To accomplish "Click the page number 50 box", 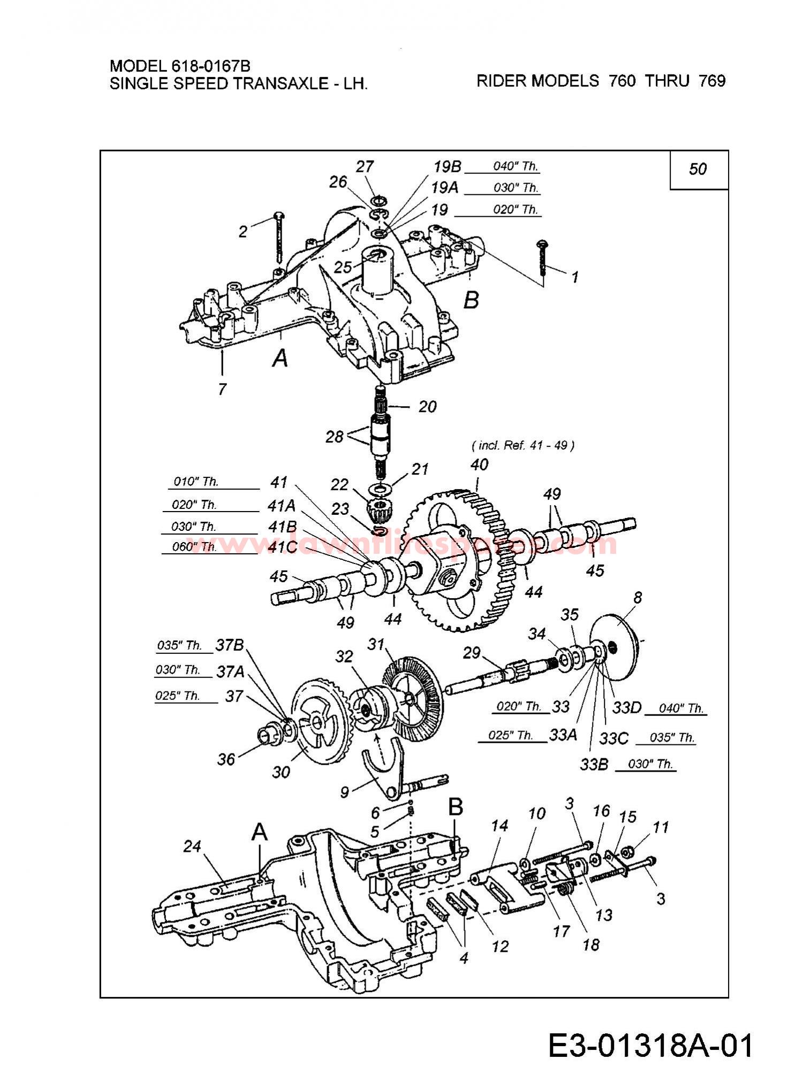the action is [699, 170].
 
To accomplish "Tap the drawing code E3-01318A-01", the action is [651, 1045].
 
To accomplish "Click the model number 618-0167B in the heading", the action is [210, 66].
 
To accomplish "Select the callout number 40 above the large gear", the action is [479, 464].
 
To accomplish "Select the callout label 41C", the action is [282, 547].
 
